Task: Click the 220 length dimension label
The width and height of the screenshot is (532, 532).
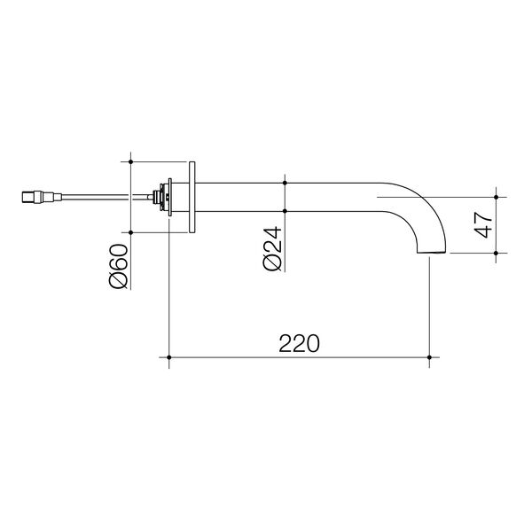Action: tap(298, 342)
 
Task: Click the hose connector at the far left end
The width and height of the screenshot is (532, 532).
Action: tap(33, 196)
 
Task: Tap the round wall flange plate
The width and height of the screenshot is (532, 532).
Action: tap(192, 197)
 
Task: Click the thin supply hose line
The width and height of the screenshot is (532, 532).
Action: tap(98, 196)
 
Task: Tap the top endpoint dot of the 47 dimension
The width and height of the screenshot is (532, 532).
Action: tap(497, 195)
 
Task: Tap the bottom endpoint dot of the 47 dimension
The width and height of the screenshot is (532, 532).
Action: tap(497, 254)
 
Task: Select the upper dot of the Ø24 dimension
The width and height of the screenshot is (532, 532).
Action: tap(285, 183)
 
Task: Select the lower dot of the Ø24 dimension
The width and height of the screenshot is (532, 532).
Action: tap(285, 211)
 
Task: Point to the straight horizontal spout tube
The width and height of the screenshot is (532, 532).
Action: tap(293, 197)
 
